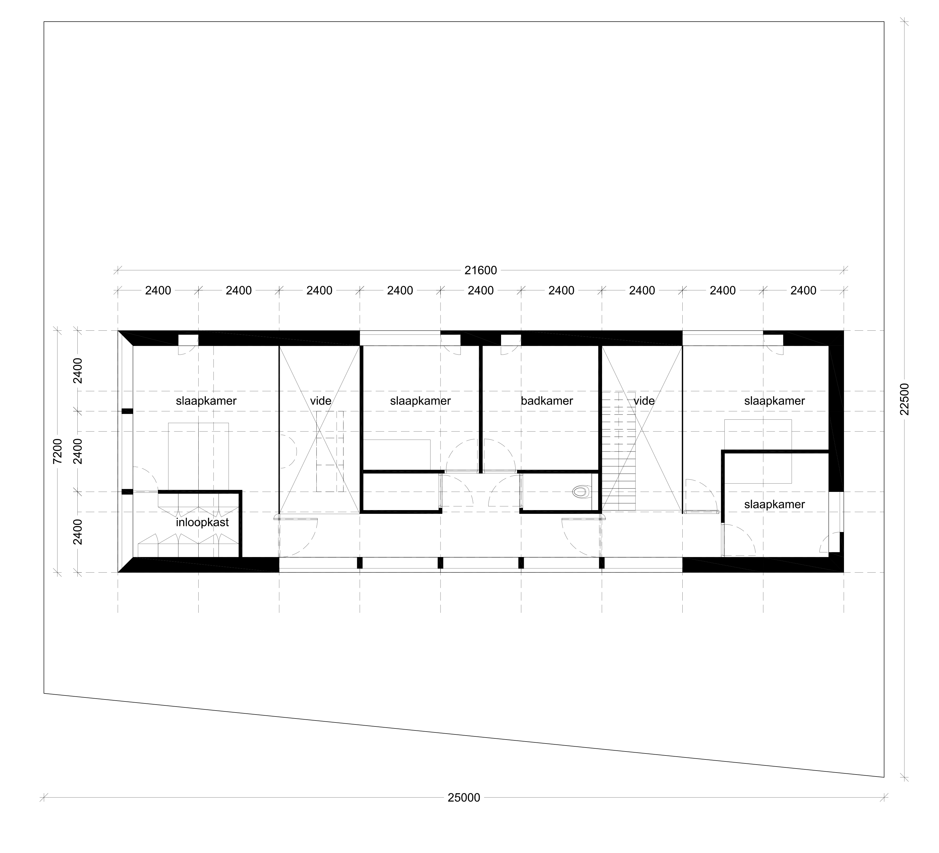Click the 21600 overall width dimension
click(x=481, y=270)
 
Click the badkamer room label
click(x=547, y=401)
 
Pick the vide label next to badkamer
click(x=644, y=401)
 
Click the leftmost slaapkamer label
click(x=206, y=401)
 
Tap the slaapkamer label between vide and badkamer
click(x=421, y=401)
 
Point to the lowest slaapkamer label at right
click(x=775, y=504)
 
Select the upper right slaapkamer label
click(x=775, y=401)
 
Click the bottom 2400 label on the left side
click(x=78, y=532)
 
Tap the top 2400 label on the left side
click(x=78, y=370)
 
